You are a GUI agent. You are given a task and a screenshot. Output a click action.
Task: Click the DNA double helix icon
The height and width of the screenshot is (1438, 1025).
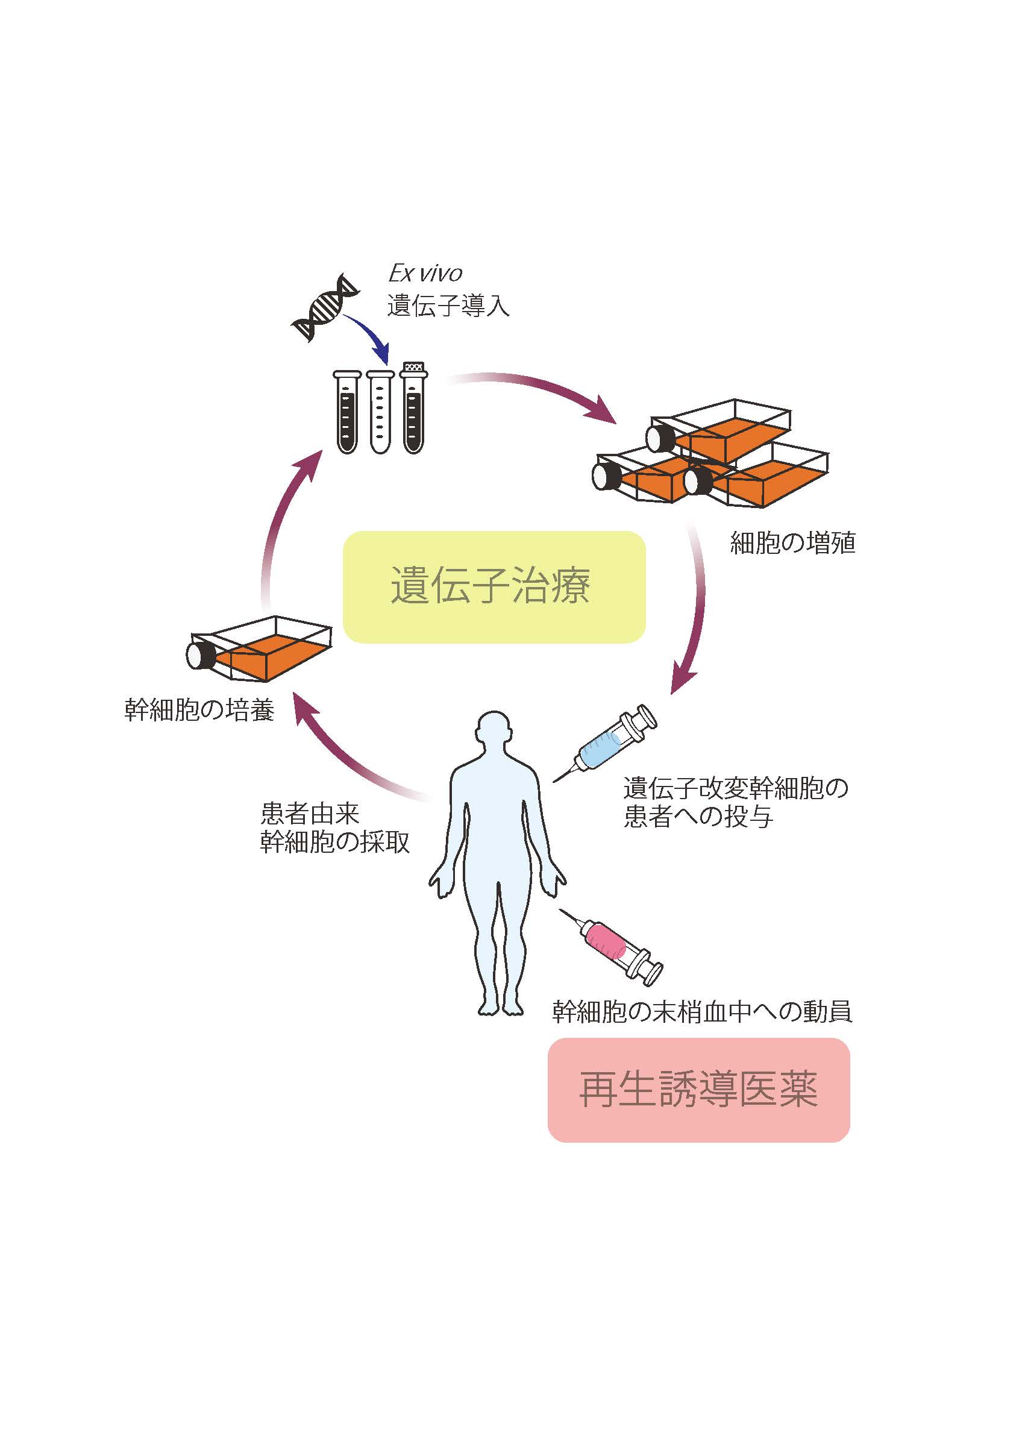324,307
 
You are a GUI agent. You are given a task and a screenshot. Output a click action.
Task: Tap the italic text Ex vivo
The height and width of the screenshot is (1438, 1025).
425,274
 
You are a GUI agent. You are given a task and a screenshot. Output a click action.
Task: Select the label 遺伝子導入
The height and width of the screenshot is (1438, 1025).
448,306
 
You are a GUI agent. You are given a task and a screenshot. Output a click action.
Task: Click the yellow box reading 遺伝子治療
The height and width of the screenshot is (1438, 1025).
494,586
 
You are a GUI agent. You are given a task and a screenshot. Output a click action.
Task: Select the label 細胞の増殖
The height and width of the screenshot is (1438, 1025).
793,543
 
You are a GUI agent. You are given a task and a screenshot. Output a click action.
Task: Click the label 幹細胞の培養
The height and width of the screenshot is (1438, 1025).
199,710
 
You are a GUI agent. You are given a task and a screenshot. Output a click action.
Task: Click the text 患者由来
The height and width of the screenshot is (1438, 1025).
310,814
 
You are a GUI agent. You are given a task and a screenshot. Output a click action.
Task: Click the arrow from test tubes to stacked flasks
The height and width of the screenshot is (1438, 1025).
533,391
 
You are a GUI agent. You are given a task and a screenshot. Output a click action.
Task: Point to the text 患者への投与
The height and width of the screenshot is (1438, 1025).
698,817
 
